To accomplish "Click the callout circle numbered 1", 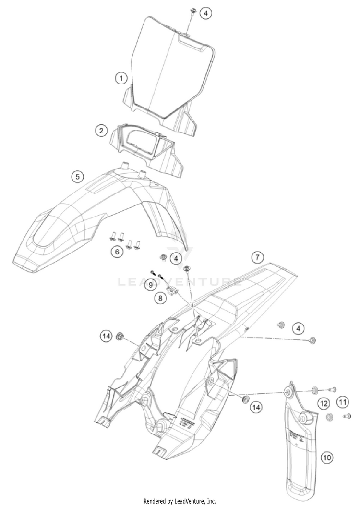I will tap(121, 77).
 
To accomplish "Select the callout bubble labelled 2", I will tap(100, 130).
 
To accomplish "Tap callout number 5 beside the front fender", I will tap(77, 176).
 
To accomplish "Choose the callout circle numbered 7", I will tap(257, 257).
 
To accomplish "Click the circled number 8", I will tap(159, 299).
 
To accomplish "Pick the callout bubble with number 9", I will tap(150, 285).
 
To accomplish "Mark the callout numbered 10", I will tap(327, 458).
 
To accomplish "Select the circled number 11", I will tap(342, 401).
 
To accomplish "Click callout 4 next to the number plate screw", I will tap(205, 13).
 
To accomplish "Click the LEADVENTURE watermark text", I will tap(180, 282).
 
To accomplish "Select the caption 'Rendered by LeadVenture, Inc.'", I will tap(180, 501).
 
